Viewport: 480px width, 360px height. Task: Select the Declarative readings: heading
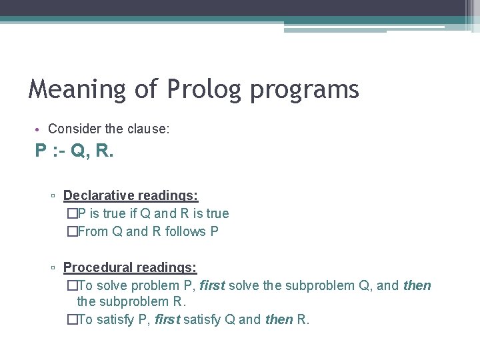(131, 196)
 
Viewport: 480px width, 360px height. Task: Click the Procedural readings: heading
(130, 268)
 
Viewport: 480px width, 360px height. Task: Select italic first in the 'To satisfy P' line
(168, 319)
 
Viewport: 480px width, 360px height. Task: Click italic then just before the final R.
(279, 319)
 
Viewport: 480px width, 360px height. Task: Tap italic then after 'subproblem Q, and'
(417, 286)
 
